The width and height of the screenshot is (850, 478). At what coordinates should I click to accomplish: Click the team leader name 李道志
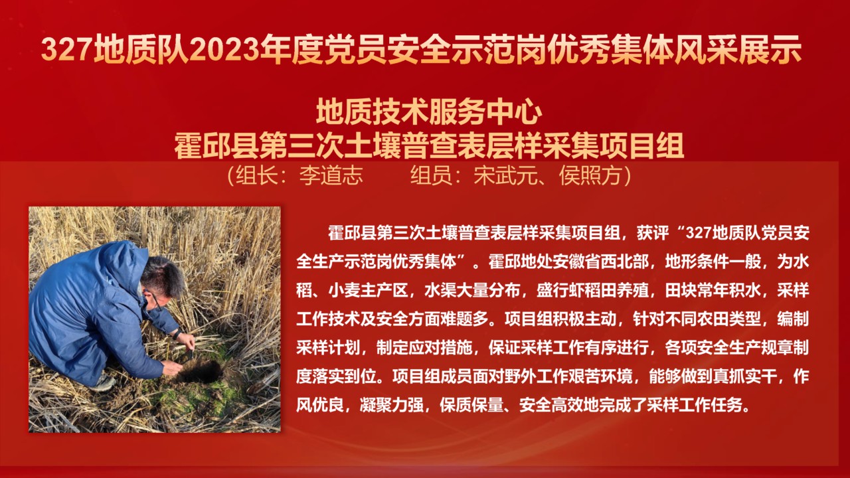point(331,176)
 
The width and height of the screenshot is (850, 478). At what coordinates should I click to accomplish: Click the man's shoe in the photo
point(104,383)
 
